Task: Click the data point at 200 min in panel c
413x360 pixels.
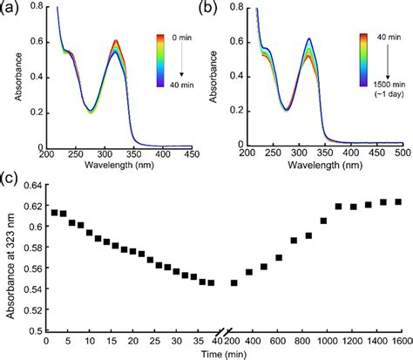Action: [234, 282]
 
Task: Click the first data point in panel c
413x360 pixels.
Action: [54, 212]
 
